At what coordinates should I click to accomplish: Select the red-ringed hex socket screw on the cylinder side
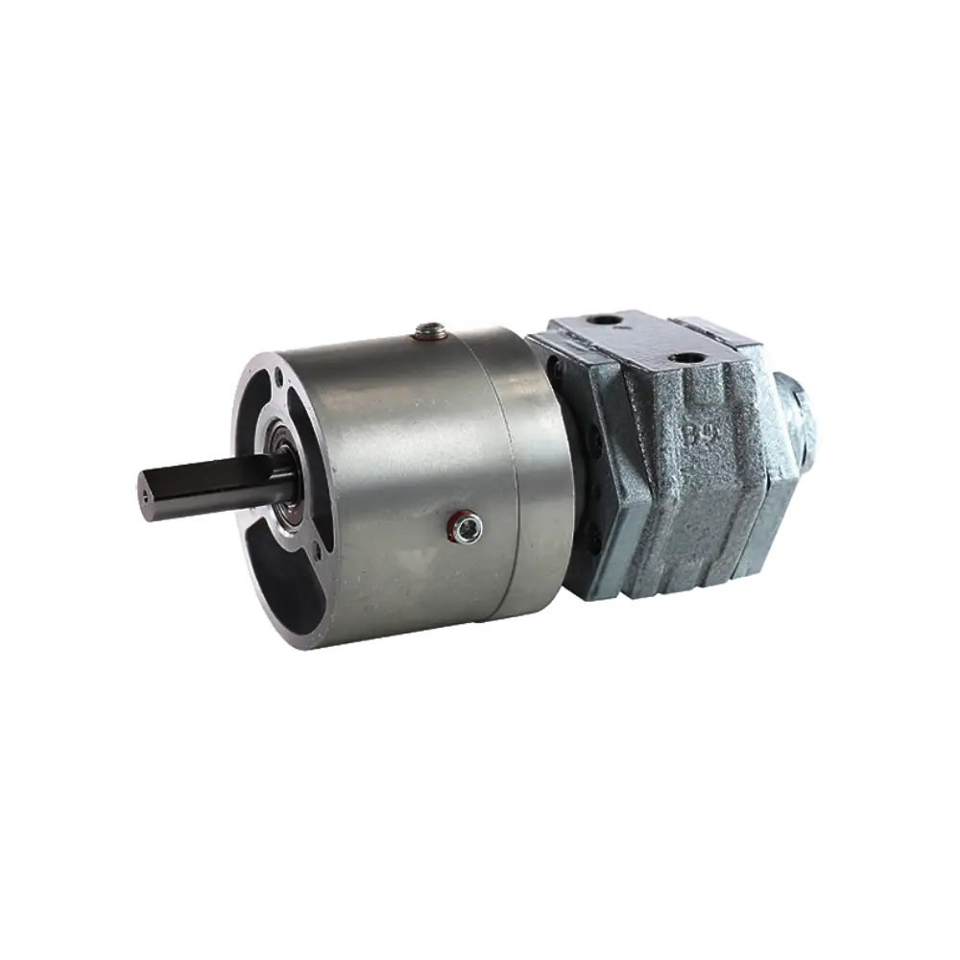tap(468, 525)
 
